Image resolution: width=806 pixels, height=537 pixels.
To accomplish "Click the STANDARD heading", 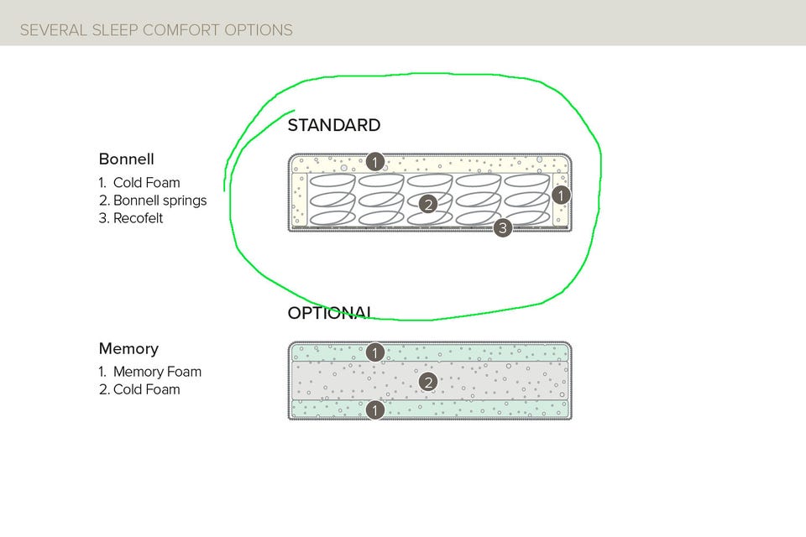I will (333, 126).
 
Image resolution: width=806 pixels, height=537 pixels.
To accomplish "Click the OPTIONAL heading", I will (329, 313).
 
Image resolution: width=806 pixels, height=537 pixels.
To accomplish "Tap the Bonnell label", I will (126, 159).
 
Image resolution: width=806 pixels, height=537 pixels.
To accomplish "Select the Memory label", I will (128, 348).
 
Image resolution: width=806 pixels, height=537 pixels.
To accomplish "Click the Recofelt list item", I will (138, 218).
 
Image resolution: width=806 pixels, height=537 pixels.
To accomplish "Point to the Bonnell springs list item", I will (160, 201).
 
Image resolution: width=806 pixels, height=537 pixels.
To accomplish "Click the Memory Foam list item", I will (157, 372).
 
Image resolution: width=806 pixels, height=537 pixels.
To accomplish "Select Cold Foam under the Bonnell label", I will (146, 182).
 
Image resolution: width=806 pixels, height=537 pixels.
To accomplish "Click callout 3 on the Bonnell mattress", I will (502, 227).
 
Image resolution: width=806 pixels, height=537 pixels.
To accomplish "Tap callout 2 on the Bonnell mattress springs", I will (428, 204).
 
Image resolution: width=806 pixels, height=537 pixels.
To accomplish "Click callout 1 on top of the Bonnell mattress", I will (375, 161).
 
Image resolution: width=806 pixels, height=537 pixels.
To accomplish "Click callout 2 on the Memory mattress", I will (428, 383).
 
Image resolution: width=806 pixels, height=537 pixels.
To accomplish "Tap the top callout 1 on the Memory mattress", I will (375, 352).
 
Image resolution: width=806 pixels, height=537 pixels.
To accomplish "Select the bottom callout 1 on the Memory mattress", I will (375, 410).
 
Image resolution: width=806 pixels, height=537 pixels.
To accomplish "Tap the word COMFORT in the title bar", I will (180, 30).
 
